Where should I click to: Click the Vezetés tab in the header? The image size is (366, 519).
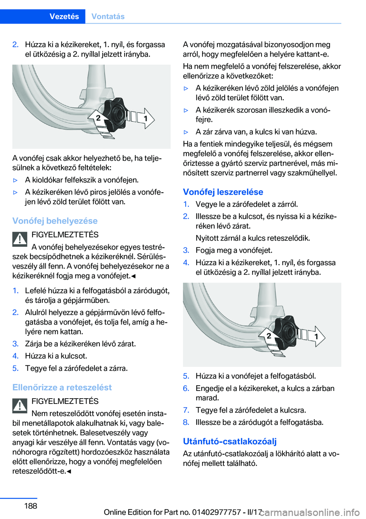(x=64, y=16)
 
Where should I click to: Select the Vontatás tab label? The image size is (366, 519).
(x=108, y=16)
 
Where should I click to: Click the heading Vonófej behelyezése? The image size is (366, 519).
(x=55, y=221)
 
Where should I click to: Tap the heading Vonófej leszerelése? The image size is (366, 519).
(x=223, y=192)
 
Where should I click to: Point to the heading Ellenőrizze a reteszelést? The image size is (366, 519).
(x=62, y=387)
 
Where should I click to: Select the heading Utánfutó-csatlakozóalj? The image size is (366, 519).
(x=230, y=441)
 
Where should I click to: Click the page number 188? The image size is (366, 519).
(x=30, y=506)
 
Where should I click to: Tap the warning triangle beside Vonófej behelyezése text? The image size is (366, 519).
(x=19, y=239)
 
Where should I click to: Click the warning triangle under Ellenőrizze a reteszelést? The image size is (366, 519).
(x=19, y=405)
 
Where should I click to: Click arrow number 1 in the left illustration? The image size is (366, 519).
(x=145, y=119)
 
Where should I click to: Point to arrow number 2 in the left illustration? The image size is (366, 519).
(x=98, y=118)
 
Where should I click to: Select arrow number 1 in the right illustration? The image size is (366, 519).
(x=316, y=336)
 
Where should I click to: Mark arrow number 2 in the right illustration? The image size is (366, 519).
(x=268, y=336)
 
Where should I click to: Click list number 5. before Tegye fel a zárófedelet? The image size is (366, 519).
(x=15, y=368)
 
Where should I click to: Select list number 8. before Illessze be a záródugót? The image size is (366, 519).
(x=186, y=422)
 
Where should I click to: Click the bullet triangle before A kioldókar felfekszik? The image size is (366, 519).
(x=15, y=180)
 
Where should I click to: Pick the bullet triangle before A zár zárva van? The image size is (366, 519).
(x=186, y=132)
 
